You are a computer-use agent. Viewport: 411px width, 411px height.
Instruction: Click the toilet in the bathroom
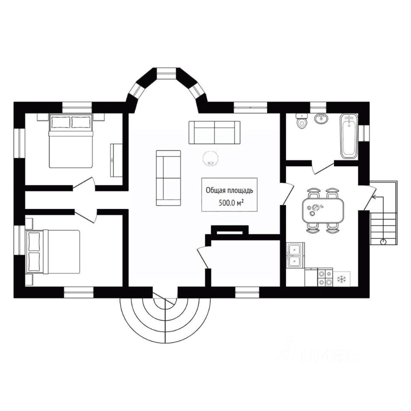(x=302, y=121)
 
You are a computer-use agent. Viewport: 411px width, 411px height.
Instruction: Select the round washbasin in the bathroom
(x=321, y=118)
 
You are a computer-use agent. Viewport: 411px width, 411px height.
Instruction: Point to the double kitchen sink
(x=295, y=255)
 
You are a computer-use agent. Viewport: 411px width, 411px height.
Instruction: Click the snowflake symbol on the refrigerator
(x=342, y=279)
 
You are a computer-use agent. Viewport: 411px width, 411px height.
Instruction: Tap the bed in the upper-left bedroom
(x=71, y=141)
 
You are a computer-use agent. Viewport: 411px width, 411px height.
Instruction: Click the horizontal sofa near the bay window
(x=214, y=132)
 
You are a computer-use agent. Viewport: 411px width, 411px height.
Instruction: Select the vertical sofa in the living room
(x=168, y=178)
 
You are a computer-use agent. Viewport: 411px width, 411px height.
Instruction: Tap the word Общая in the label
(x=216, y=190)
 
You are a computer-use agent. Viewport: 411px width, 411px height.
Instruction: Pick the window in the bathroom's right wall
(x=364, y=132)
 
